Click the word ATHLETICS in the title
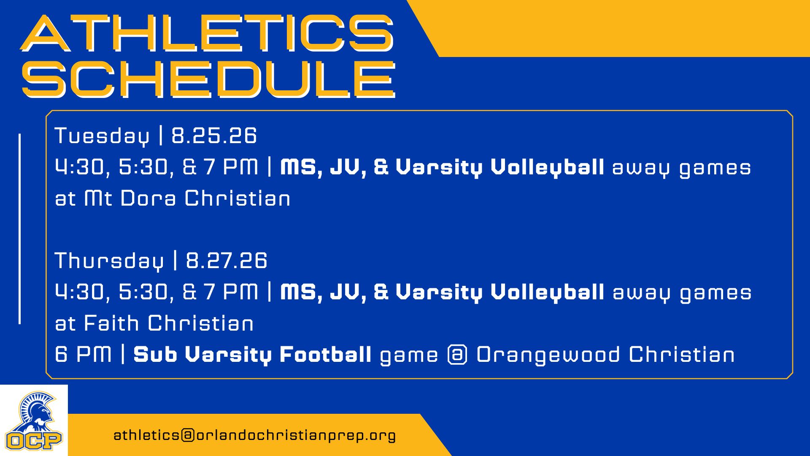207,34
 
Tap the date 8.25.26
214,136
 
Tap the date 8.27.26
227,261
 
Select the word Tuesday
102,136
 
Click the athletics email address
254,435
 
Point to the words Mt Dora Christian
187,198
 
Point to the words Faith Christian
169,323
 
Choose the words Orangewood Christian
605,355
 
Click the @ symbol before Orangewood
457,355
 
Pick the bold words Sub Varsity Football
252,355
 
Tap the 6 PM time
83,354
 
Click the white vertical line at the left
19,229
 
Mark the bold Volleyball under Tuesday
547,167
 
